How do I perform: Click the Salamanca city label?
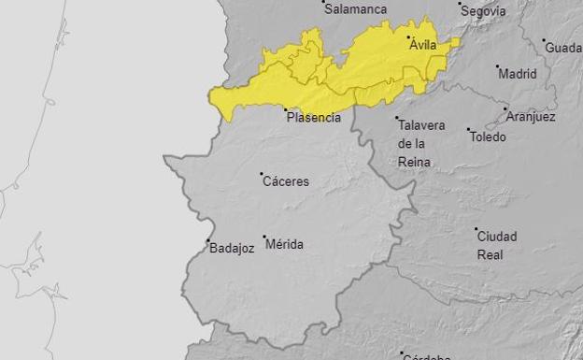click(355, 8)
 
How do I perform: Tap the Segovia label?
click(484, 11)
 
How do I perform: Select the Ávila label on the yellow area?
click(423, 44)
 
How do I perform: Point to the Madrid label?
click(518, 74)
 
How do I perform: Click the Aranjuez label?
click(531, 117)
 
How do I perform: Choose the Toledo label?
click(488, 137)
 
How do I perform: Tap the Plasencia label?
click(314, 118)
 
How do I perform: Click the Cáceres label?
click(286, 181)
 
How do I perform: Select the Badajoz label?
click(232, 249)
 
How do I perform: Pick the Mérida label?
click(285, 244)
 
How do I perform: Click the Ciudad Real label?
click(497, 245)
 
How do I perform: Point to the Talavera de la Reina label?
click(421, 143)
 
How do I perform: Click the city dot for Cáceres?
click(262, 173)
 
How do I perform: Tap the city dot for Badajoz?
click(207, 240)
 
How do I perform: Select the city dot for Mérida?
click(264, 237)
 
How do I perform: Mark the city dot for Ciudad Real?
click(476, 228)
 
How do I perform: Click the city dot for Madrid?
click(497, 66)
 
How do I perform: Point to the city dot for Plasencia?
click(285, 109)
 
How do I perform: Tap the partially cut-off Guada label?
click(563, 48)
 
